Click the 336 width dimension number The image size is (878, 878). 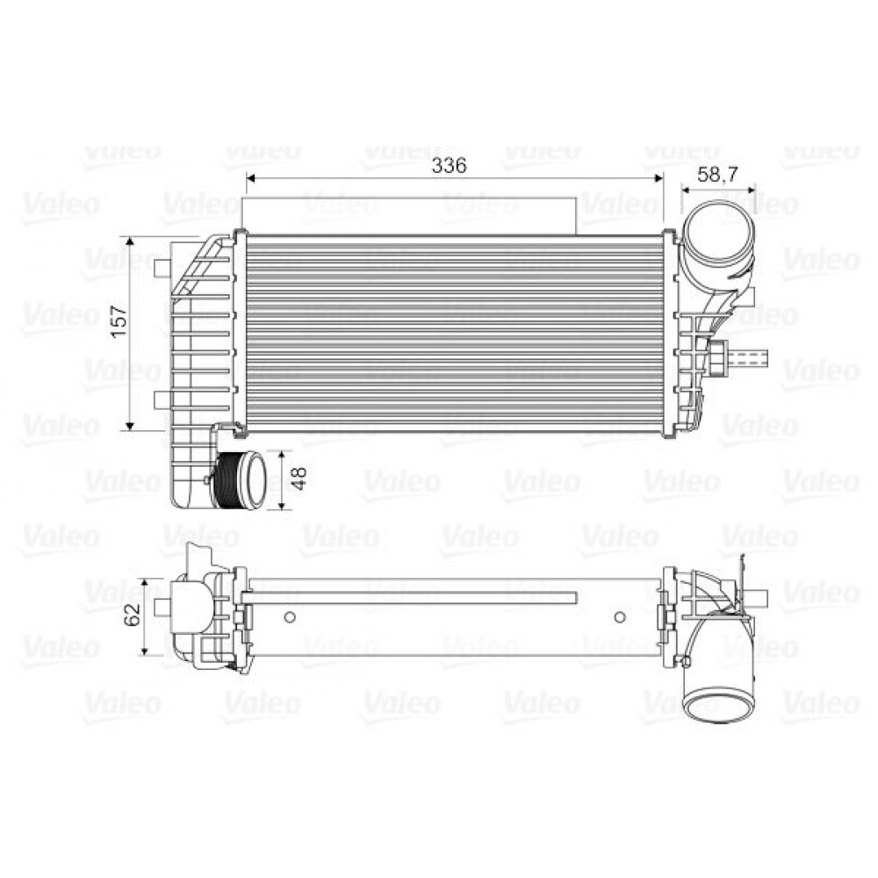coord(453,164)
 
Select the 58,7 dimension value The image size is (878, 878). coord(717,173)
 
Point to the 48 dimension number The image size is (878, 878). coord(299,479)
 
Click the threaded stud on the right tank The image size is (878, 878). coord(754,358)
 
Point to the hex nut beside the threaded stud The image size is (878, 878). coord(717,358)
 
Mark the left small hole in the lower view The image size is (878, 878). coord(291,616)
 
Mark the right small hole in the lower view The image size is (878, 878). coord(620,616)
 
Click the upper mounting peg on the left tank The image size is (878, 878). coord(161,266)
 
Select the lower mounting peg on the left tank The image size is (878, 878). coord(161,400)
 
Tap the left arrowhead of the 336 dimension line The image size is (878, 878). coord(249,178)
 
